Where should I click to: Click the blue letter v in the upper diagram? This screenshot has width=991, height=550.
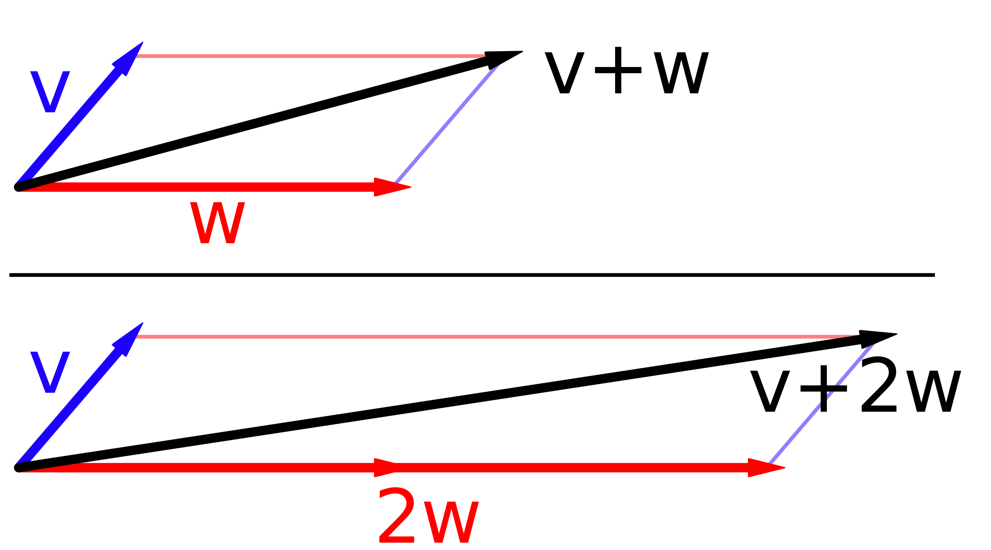click(50, 92)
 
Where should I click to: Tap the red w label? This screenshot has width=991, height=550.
click(218, 223)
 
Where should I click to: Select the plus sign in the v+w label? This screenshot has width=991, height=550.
click(618, 70)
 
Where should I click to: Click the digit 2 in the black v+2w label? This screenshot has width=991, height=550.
click(878, 385)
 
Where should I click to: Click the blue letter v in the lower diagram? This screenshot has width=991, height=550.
click(50, 372)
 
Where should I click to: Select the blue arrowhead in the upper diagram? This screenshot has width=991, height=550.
click(128, 58)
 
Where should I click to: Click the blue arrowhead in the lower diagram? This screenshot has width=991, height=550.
click(128, 339)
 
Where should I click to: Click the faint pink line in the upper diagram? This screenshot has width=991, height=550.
click(310, 56)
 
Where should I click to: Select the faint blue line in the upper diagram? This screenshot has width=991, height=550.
click(447, 124)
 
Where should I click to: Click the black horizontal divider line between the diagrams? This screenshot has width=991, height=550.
click(472, 275)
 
